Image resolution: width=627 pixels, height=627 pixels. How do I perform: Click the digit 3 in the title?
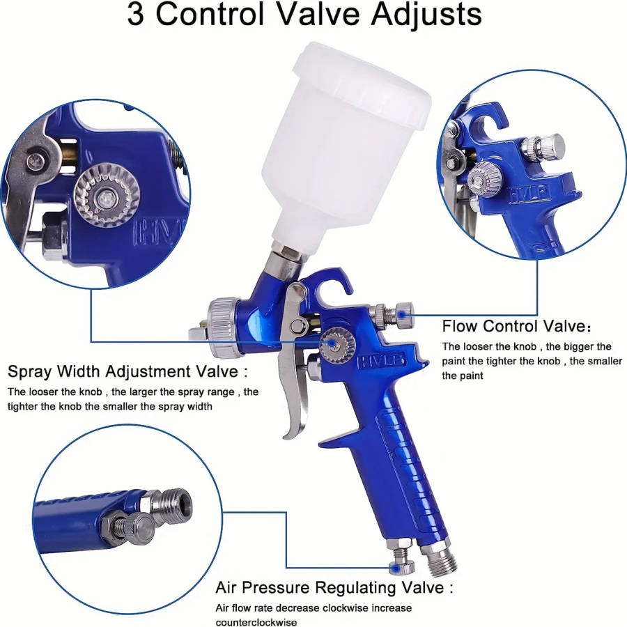pos(137,15)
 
